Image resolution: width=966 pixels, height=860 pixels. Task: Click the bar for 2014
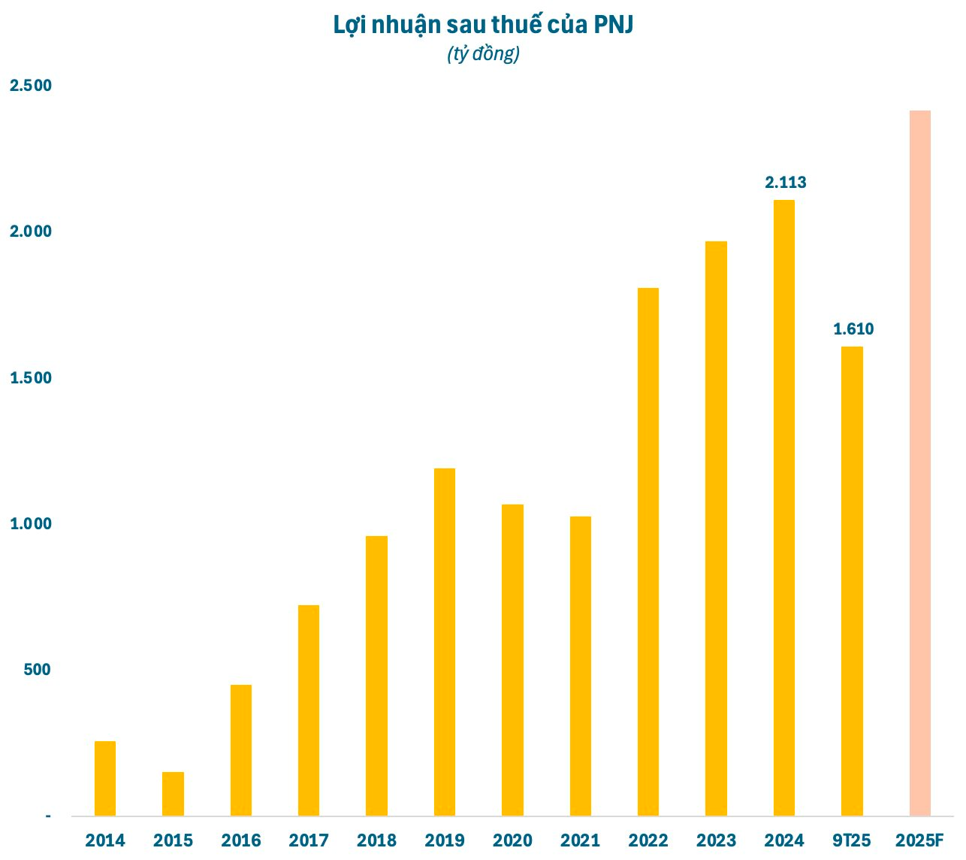105,778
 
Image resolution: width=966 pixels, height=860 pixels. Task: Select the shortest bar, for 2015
173,794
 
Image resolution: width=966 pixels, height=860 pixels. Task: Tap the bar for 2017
309,710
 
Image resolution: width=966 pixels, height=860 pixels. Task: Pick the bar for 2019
445,642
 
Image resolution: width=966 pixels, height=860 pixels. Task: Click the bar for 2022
648,552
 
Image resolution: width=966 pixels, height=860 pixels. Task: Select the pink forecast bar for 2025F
919,463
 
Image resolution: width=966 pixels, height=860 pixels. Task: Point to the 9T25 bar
852,581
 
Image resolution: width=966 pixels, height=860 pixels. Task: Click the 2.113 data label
785,182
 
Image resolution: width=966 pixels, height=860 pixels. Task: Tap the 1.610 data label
853,329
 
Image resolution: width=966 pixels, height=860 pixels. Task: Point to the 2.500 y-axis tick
31,86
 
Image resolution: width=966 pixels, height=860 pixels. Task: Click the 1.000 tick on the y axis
31,524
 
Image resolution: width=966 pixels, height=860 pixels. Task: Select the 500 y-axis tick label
37,670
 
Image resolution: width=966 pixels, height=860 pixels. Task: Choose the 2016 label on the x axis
241,840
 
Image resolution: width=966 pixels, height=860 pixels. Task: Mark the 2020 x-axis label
512,840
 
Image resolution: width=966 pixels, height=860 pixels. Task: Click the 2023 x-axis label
716,840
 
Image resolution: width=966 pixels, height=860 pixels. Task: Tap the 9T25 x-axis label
852,840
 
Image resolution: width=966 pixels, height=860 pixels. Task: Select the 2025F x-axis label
919,840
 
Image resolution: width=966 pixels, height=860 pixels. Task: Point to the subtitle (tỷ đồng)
483,54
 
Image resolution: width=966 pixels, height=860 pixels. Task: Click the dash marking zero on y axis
48,816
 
